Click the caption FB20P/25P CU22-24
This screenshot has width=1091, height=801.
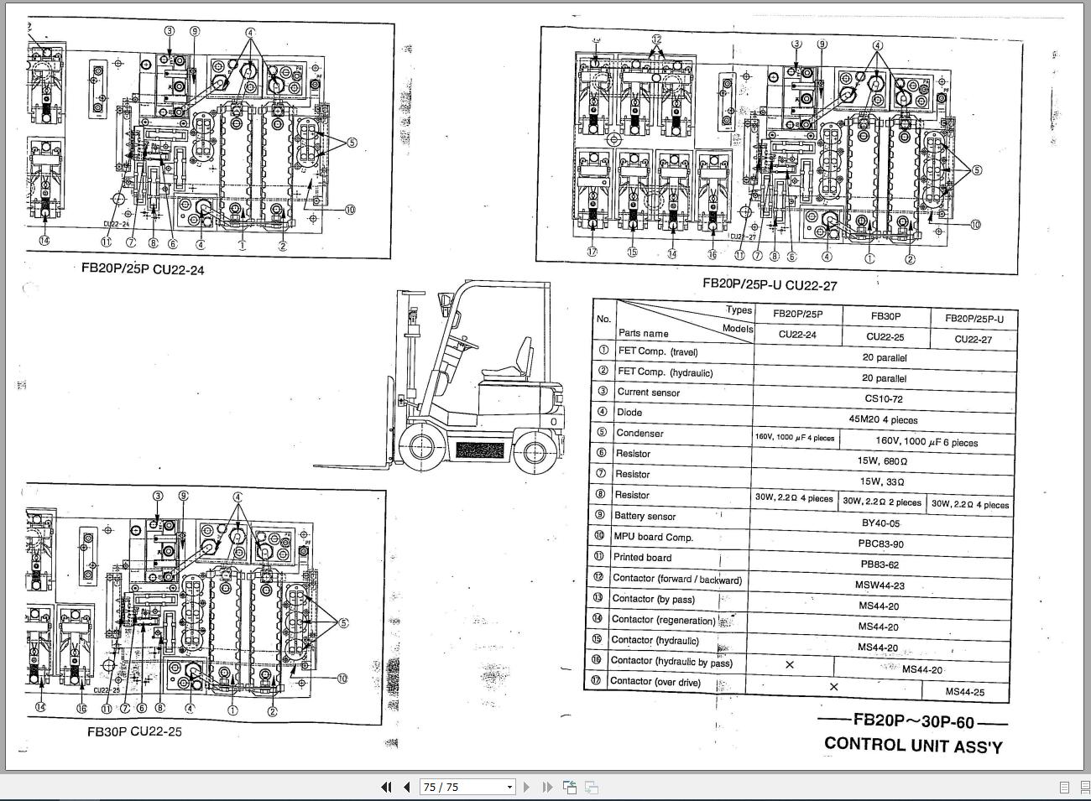pos(142,269)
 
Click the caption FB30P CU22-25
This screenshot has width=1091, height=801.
pos(134,731)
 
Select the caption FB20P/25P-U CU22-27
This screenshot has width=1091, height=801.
pos(770,284)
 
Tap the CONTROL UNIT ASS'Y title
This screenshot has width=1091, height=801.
pos(913,744)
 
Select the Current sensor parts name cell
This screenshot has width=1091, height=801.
pos(648,392)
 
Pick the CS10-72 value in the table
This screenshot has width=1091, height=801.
pos(883,398)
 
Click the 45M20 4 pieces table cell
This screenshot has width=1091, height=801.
pos(883,419)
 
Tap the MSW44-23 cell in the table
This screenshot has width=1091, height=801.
pos(880,585)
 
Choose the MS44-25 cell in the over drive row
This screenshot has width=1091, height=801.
pos(965,692)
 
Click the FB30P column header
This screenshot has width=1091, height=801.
pos(885,316)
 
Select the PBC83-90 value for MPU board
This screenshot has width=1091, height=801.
pos(881,544)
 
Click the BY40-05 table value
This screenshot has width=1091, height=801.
pos(880,523)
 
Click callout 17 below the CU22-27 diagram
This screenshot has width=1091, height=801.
pos(592,252)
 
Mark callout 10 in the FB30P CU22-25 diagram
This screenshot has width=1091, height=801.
pos(342,679)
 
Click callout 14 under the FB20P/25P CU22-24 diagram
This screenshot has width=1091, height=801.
pos(44,241)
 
